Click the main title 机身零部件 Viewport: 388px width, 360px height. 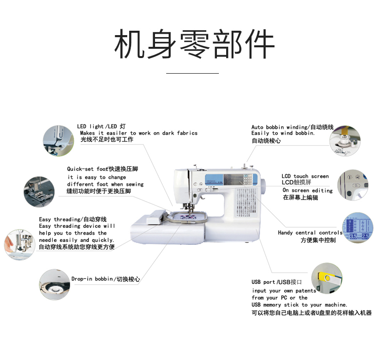coord(194,44)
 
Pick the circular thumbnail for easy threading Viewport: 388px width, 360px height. coord(20,241)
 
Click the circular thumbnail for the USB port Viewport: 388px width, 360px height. coord(327,278)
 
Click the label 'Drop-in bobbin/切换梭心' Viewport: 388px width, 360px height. coord(105,279)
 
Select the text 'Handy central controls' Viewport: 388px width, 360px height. coord(310,233)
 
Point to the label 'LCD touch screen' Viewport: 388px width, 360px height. coord(305,176)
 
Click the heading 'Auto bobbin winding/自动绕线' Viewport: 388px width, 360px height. coord(292,127)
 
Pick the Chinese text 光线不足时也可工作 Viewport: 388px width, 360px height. coord(107,140)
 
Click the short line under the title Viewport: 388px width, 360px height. coord(193,73)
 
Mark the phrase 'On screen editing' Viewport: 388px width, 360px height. coord(308,190)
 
